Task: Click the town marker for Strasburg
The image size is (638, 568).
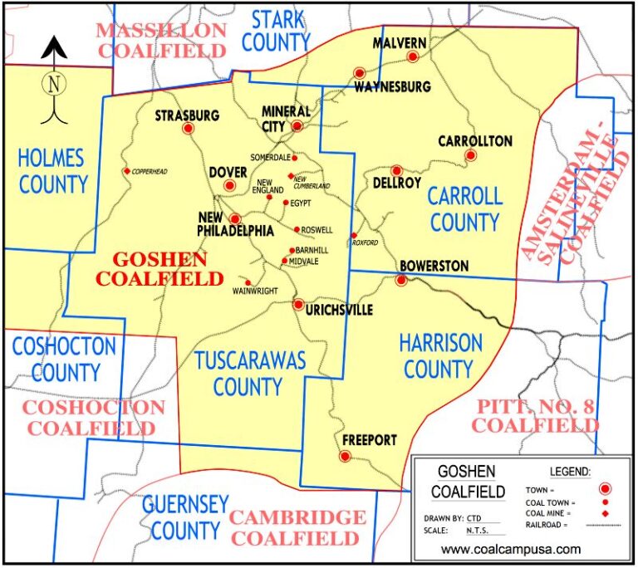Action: pyautogui.click(x=188, y=129)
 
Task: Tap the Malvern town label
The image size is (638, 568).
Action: pyautogui.click(x=400, y=43)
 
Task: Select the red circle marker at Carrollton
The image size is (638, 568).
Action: pyautogui.click(x=470, y=155)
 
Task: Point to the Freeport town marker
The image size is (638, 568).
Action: pyautogui.click(x=345, y=455)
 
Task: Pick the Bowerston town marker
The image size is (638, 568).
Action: pyautogui.click(x=400, y=280)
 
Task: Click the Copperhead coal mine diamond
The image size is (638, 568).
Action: pyautogui.click(x=126, y=171)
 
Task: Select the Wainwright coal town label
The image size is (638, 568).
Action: pyautogui.click(x=255, y=291)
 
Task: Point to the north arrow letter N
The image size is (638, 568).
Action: pyautogui.click(x=54, y=84)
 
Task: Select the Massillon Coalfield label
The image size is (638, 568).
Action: pyautogui.click(x=161, y=40)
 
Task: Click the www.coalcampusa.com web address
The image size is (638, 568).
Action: pyautogui.click(x=511, y=549)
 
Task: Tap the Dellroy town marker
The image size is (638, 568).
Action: pyautogui.click(x=396, y=170)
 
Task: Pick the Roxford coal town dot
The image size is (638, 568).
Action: pyautogui.click(x=354, y=235)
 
